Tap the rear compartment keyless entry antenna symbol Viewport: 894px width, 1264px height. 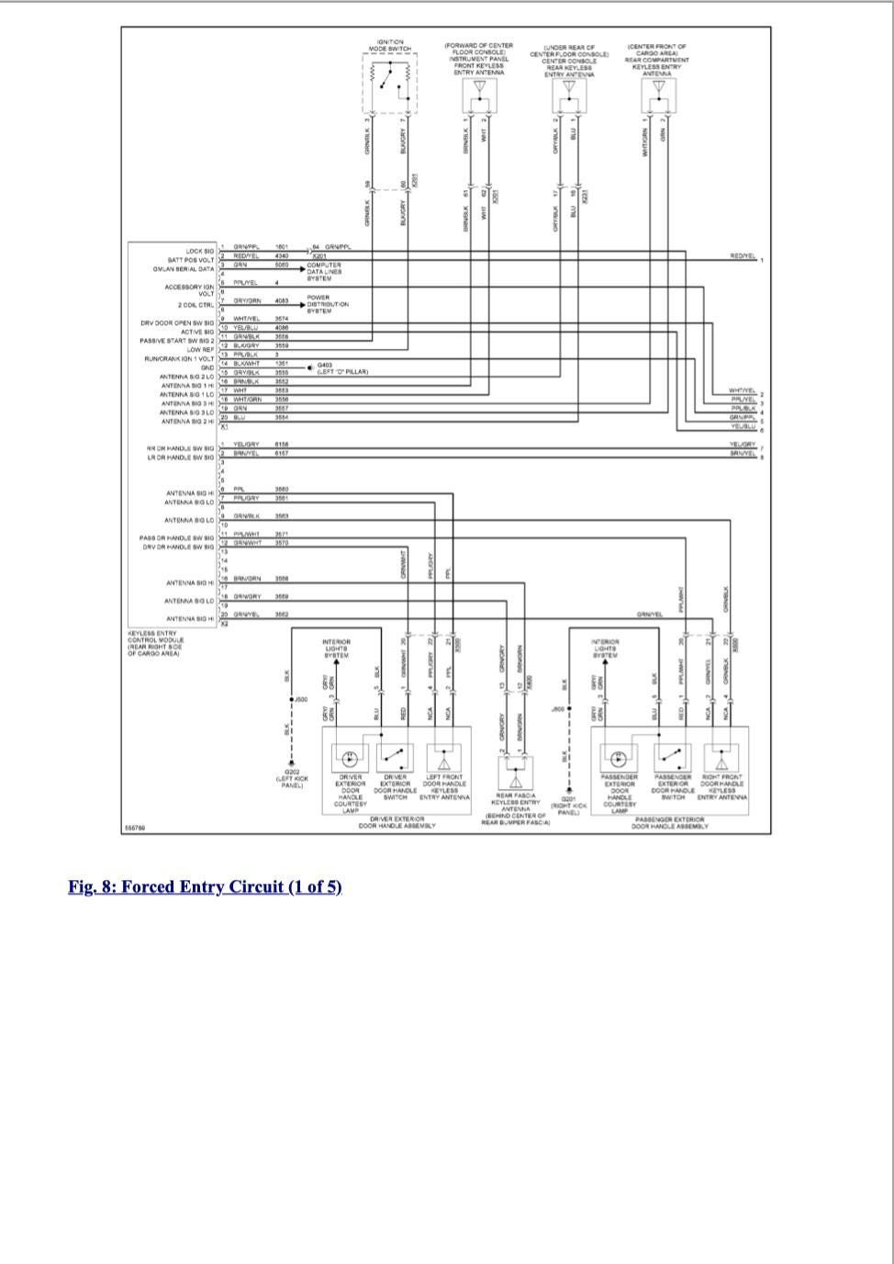(658, 90)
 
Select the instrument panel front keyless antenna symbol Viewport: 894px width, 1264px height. (478, 90)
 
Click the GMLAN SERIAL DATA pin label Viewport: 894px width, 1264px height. (184, 269)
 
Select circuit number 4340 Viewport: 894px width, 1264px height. (282, 256)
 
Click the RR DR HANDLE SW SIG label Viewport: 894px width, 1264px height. (180, 448)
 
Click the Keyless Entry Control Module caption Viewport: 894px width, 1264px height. (155, 643)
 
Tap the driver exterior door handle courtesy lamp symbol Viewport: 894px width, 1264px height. (349, 759)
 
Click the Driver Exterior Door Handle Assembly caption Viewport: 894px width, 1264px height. (397, 821)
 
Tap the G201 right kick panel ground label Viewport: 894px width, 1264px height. (569, 804)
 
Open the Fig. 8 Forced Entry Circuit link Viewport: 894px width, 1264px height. (205, 886)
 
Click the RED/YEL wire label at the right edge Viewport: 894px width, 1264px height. (743, 256)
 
